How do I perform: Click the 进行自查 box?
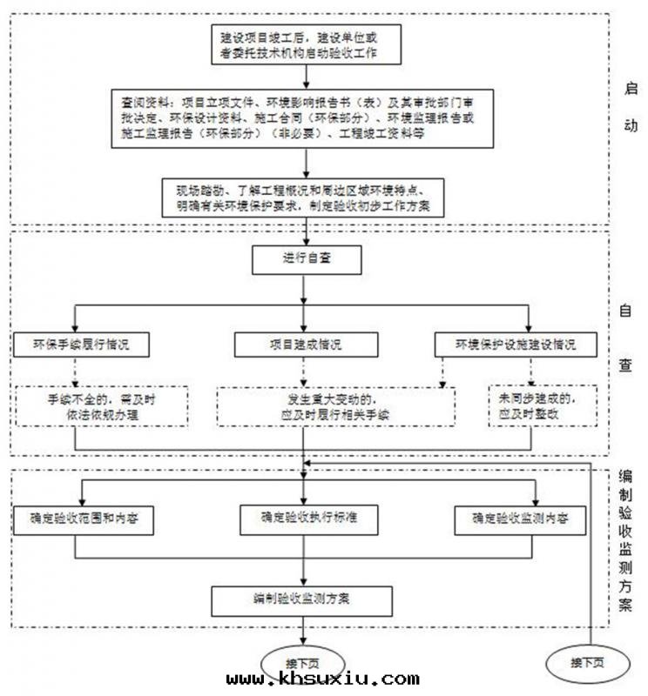pyautogui.click(x=306, y=259)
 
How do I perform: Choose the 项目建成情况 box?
pyautogui.click(x=306, y=345)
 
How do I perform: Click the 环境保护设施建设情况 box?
pyautogui.click(x=516, y=345)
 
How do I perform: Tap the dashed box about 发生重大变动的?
pyautogui.click(x=335, y=406)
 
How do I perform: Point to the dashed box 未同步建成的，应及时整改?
pyautogui.click(x=541, y=406)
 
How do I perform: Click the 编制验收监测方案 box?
pyautogui.click(x=302, y=599)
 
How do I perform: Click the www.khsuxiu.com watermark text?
pyautogui.click(x=322, y=679)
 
